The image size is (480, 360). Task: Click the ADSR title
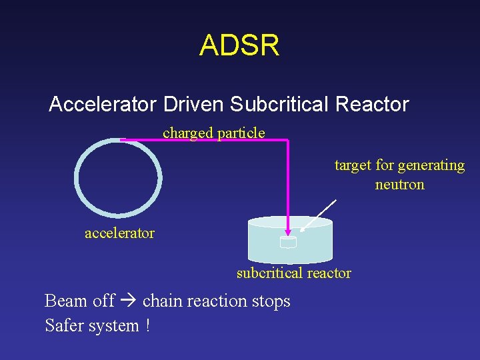[x=239, y=45]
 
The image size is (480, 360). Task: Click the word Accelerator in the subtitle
[x=103, y=104]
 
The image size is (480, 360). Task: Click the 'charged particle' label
[x=213, y=133]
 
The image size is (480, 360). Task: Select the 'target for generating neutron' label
[x=399, y=175]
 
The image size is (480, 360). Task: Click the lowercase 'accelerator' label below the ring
[x=119, y=233]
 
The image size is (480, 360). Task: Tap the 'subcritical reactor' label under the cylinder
[x=293, y=273]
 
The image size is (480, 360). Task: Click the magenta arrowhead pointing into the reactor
[x=287, y=231]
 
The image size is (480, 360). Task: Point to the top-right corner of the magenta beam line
[x=287, y=140]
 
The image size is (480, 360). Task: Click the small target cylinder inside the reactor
[x=288, y=243]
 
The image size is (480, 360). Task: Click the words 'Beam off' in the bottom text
[x=79, y=301]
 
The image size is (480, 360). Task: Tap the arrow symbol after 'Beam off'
[x=129, y=301]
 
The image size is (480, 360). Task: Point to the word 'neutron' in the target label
[x=399, y=185]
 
